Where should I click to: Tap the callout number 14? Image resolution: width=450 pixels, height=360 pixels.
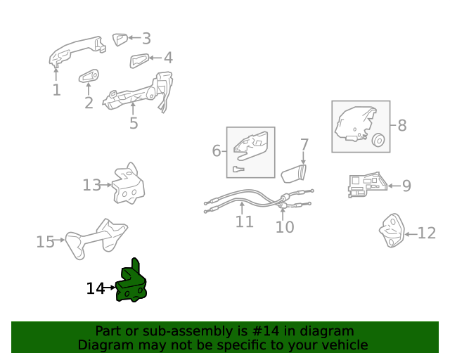pos(96,288)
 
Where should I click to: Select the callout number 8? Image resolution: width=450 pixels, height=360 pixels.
pos(402,125)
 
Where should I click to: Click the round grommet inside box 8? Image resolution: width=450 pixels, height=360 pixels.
pos(378,141)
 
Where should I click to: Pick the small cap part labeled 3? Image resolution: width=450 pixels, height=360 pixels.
pos(120,39)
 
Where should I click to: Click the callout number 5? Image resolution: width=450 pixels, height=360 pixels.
pos(134,123)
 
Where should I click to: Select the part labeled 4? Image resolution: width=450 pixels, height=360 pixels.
pos(139,60)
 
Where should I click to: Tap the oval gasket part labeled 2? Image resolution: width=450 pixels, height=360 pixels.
pos(89,76)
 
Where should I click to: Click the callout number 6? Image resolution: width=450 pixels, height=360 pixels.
pos(217,150)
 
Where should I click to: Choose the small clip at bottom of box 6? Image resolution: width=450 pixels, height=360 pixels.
pos(238,169)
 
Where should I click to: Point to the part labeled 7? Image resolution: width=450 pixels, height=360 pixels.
pos(294,174)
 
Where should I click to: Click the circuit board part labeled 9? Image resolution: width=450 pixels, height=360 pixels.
pos(367,185)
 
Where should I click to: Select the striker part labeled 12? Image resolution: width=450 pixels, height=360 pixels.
pos(392,230)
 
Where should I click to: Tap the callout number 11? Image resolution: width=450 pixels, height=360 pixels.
pos(244,221)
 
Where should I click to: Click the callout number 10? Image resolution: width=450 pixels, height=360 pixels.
pos(285,227)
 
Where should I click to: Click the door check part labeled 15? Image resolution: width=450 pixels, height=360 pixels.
pos(96,238)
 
